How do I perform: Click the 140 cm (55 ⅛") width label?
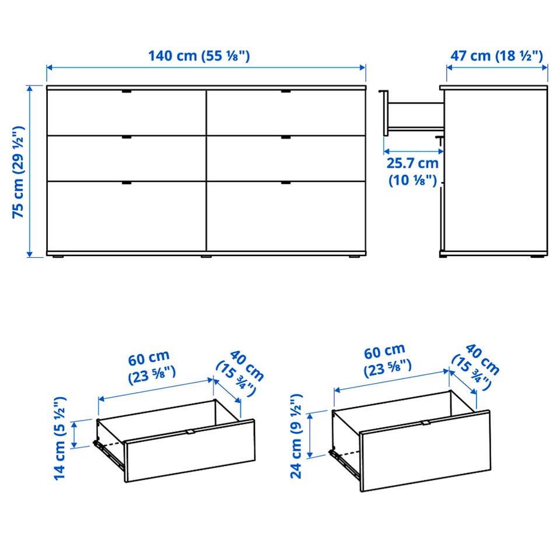point(199,56)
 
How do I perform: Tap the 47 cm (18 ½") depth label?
point(496,56)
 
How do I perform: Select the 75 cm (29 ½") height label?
point(18,171)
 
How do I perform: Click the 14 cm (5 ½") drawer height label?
point(60,438)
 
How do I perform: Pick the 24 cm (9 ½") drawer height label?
point(296,436)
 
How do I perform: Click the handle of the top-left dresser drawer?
point(127,92)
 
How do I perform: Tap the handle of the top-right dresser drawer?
point(286,92)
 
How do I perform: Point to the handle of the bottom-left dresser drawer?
point(127,182)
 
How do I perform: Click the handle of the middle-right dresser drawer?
point(286,137)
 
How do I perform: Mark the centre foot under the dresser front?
point(206,256)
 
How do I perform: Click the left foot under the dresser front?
point(58,256)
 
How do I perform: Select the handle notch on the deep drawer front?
point(425,423)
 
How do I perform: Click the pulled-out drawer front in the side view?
point(386,114)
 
